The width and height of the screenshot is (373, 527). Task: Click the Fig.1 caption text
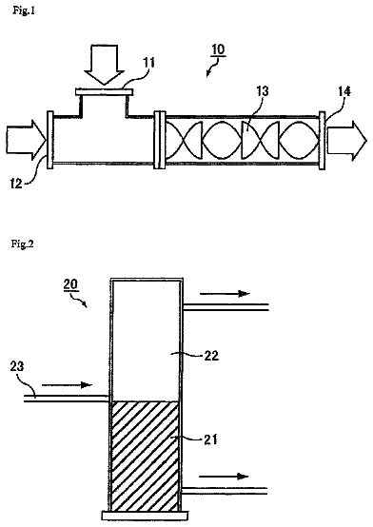coord(24,10)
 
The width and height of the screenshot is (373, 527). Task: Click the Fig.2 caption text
coord(23,244)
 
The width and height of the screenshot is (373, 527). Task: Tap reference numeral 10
coord(218,49)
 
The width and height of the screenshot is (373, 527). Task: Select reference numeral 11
coord(149,63)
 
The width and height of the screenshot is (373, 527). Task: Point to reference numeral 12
coord(16,184)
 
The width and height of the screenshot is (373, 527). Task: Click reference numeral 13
coord(262,91)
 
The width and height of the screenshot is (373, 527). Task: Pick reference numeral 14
coord(344,91)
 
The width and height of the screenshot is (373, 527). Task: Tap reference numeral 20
coord(71,284)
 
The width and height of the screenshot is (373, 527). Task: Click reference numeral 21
coord(210,439)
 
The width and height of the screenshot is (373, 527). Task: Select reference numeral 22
coord(211,356)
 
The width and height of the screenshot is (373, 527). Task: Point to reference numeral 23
coord(17,366)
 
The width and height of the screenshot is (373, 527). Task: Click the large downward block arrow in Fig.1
coord(105,65)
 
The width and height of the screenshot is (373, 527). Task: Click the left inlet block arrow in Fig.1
coord(27,140)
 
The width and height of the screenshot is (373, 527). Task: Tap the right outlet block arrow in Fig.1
coord(346,141)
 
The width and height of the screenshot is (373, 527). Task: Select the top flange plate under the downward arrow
coord(105,91)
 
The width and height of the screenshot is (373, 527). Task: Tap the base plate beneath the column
coord(145,516)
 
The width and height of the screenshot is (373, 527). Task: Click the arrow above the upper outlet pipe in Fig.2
coord(225,294)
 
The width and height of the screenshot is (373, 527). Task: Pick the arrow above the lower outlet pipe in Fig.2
coord(224,477)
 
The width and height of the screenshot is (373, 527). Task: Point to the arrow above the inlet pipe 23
coord(67,384)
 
